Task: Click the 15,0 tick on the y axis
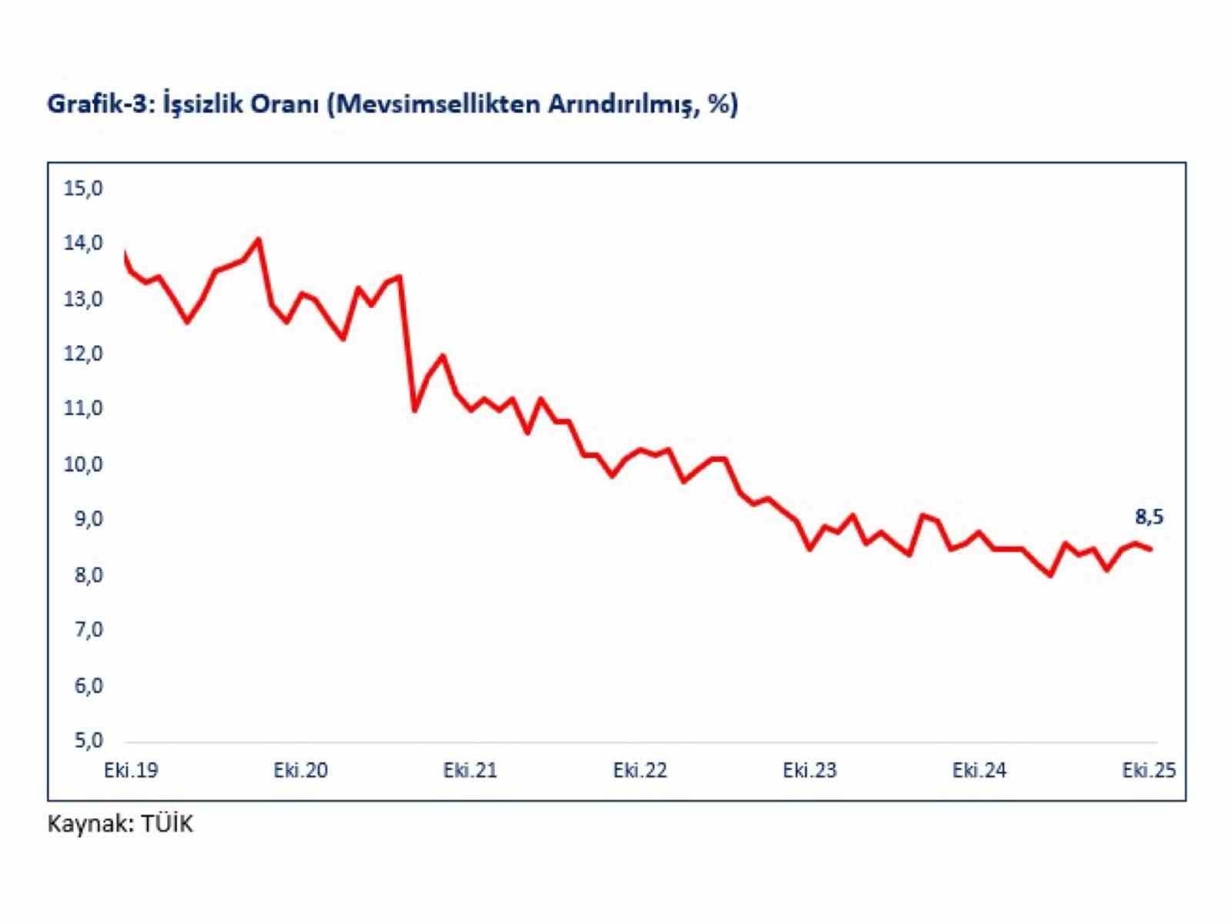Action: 83,188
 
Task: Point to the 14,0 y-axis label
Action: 83,243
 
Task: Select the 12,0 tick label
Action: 83,353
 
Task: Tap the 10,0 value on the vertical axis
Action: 83,464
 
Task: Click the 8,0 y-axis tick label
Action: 88,575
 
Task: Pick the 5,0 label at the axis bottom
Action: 88,741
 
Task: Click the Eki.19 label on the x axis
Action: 131,770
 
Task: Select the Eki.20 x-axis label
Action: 300,770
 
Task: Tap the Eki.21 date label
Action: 470,770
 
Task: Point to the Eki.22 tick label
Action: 640,770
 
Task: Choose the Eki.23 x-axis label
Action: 809,770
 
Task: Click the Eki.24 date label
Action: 979,770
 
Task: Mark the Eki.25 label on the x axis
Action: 1149,770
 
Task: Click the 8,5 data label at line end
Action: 1149,517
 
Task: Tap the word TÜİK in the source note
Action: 167,824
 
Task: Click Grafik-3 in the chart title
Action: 101,104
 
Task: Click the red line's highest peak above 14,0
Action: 258,239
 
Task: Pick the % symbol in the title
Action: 718,103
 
